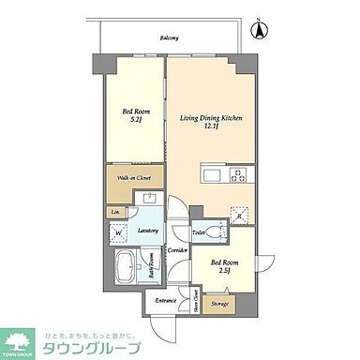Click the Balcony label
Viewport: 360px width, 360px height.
[x=170, y=38]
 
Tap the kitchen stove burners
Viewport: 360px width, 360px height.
[x=237, y=174]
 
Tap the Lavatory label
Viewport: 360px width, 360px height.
[x=147, y=230]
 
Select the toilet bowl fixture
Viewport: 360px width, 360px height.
[x=218, y=231]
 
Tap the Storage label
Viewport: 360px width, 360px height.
[x=220, y=303]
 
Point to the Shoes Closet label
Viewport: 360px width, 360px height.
[x=195, y=304]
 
